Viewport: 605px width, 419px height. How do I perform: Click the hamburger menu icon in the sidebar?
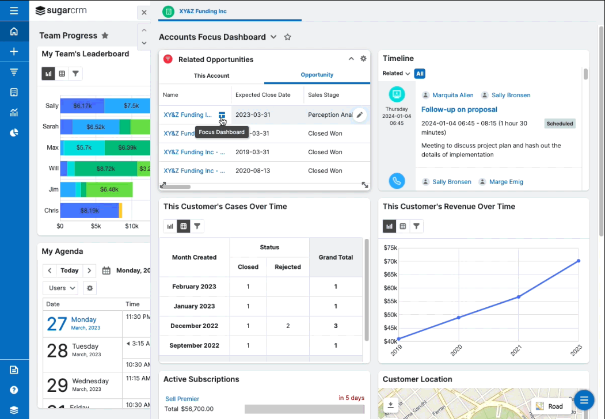click(14, 10)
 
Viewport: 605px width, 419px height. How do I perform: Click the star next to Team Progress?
click(105, 36)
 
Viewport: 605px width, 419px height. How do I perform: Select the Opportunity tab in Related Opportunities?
click(317, 75)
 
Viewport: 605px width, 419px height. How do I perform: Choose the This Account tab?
click(211, 75)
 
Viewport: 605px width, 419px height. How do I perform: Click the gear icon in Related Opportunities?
click(363, 59)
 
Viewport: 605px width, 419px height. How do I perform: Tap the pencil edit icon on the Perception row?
click(359, 115)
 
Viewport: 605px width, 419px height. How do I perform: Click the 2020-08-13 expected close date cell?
click(253, 171)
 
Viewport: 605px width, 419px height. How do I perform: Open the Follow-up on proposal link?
click(459, 109)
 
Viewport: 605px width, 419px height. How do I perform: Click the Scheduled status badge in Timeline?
click(560, 124)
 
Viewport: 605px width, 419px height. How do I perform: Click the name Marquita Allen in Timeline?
click(452, 96)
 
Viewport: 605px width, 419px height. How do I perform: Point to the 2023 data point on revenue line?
click(579, 261)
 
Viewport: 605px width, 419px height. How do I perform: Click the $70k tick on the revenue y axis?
click(390, 261)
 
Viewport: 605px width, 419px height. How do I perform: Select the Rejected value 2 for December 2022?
click(288, 326)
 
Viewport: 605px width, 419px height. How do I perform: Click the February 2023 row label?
click(194, 287)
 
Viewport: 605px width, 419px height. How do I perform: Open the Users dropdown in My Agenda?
click(60, 288)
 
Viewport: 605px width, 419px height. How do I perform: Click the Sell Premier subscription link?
click(182, 399)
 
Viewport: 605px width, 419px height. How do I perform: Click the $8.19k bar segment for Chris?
click(90, 211)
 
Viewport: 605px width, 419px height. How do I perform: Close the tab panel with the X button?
click(144, 12)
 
